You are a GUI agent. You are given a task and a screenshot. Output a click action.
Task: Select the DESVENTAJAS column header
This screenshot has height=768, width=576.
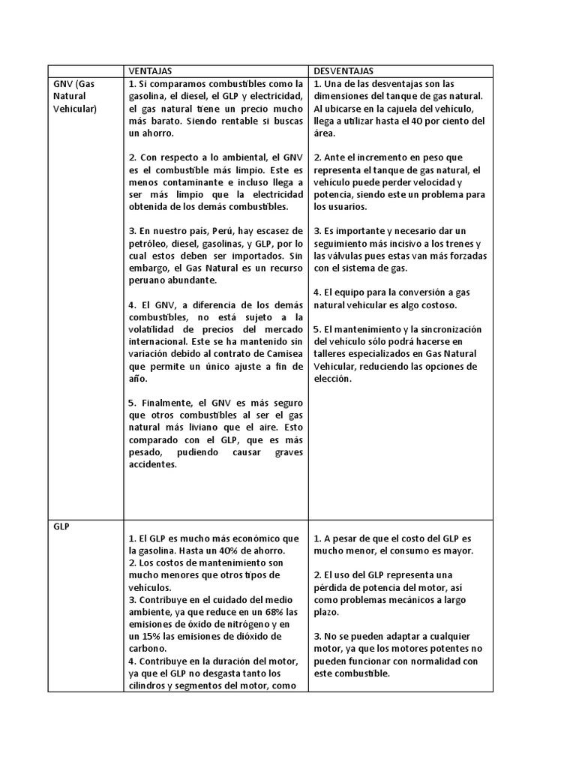tap(343, 70)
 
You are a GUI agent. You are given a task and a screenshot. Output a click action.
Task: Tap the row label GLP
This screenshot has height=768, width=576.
tap(61, 526)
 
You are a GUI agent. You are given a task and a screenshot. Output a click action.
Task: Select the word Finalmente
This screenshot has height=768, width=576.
tap(172, 403)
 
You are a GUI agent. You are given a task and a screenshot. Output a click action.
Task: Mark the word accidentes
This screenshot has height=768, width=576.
tap(153, 464)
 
